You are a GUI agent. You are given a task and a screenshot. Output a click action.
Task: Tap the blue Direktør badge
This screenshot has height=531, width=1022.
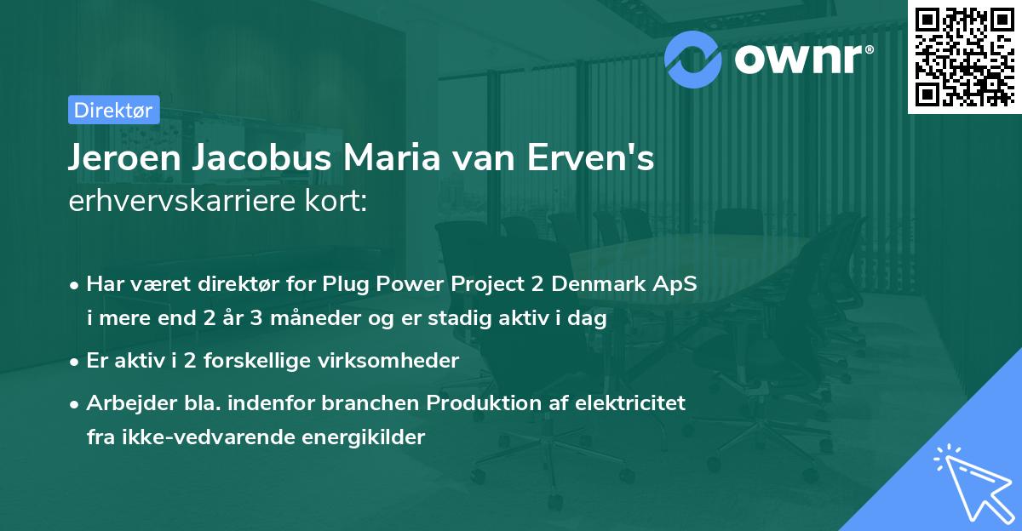pos(113,110)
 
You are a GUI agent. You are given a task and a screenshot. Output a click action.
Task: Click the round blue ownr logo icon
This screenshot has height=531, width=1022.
pos(692,60)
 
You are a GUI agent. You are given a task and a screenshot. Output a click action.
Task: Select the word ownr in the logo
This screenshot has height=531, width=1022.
pos(798,59)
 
